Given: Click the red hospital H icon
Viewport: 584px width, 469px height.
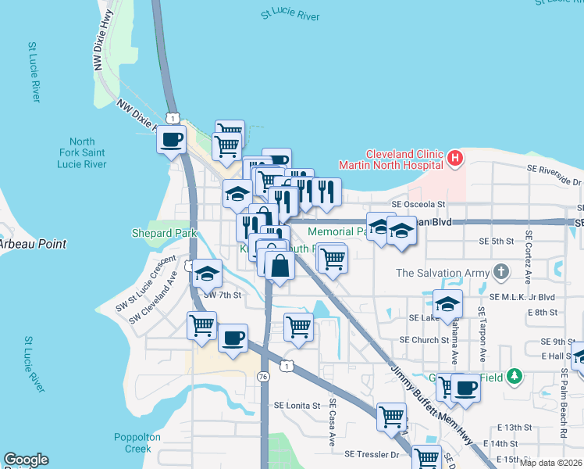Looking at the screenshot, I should pyautogui.click(x=456, y=159).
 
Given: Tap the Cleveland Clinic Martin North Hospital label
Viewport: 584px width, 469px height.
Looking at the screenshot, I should pyautogui.click(x=391, y=159).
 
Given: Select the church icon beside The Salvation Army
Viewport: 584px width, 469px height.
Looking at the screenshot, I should pyautogui.click(x=500, y=273).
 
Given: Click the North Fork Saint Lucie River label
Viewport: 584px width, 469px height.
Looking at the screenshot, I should pyautogui.click(x=82, y=152).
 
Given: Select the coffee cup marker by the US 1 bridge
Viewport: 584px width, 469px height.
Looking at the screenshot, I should pyautogui.click(x=172, y=141).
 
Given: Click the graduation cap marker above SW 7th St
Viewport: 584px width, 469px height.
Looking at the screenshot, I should pyautogui.click(x=207, y=274).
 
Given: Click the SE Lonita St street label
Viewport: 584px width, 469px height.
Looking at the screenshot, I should pyautogui.click(x=297, y=406).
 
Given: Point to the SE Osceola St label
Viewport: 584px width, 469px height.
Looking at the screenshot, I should pyautogui.click(x=418, y=204).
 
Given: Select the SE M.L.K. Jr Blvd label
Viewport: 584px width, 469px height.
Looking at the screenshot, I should pyautogui.click(x=522, y=297).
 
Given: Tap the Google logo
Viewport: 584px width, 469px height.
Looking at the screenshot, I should pyautogui.click(x=26, y=460).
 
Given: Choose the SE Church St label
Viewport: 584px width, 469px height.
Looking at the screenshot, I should pyautogui.click(x=424, y=340).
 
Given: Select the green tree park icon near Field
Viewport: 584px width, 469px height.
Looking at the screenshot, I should pyautogui.click(x=513, y=377).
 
